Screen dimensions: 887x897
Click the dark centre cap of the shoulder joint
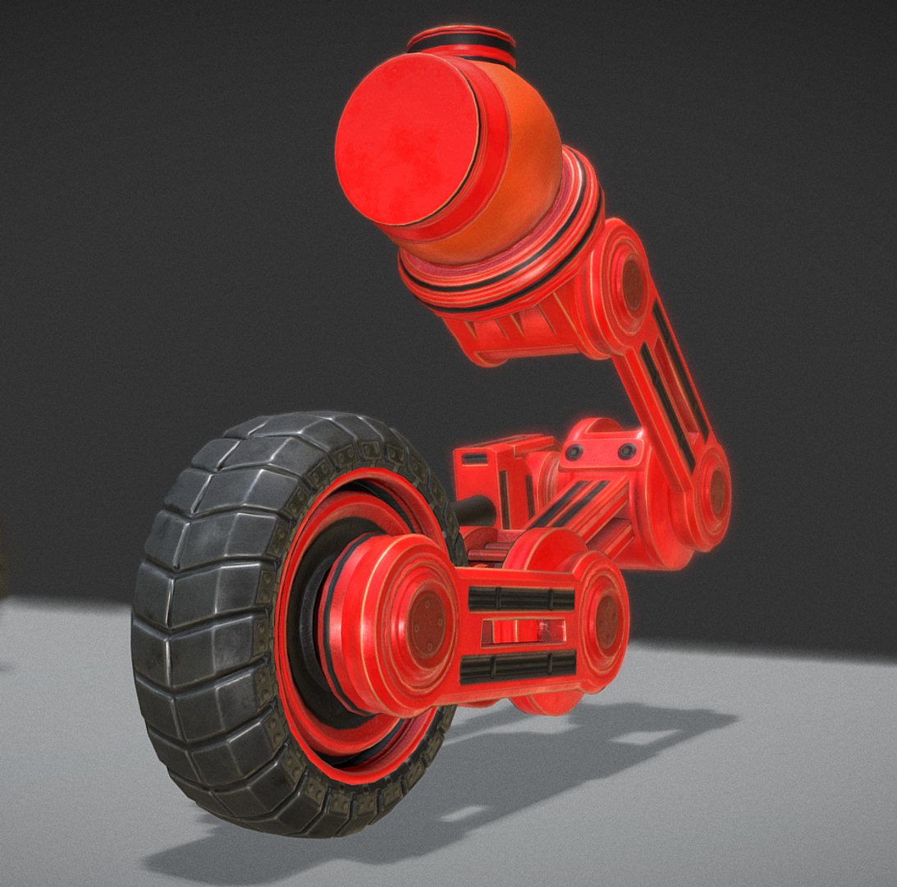click(632, 283)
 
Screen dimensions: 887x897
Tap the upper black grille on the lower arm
click(521, 599)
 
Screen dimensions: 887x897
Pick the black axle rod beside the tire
click(474, 511)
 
